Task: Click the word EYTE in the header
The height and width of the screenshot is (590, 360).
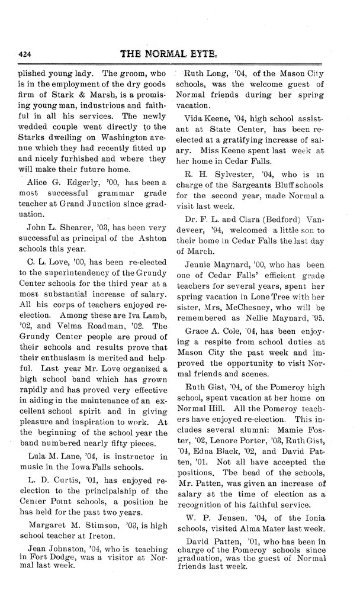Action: [x=211, y=53]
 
